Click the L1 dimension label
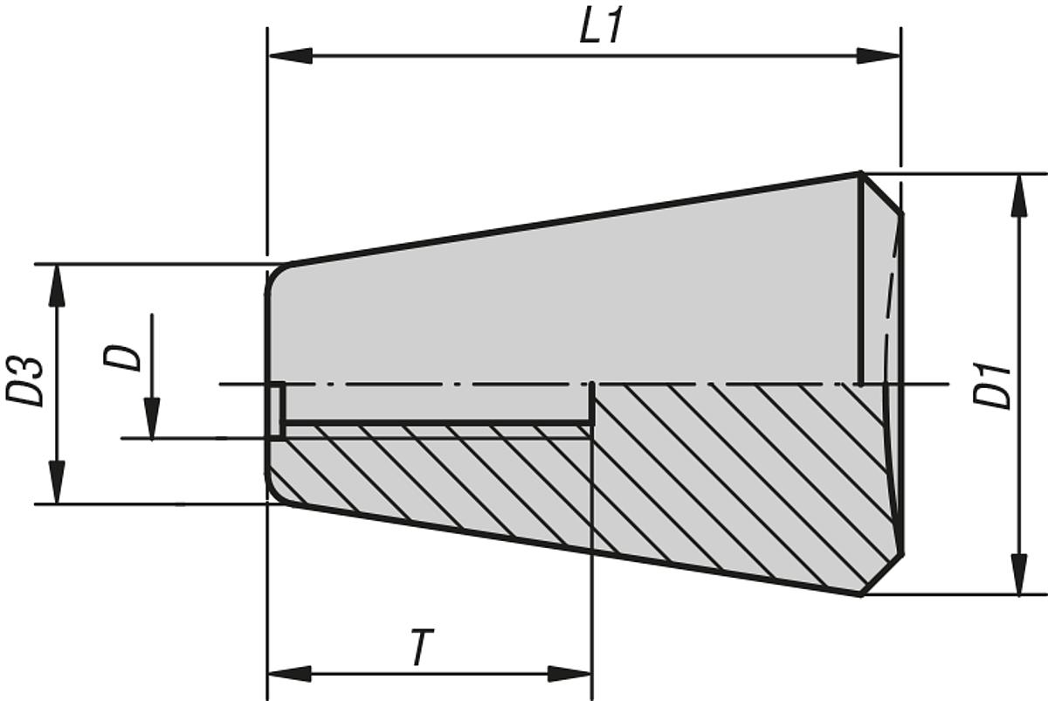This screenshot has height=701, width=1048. tap(603, 27)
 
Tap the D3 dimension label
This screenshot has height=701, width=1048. tap(26, 379)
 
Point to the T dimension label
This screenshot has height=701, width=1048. tap(421, 649)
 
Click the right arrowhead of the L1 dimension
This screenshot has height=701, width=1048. tap(878, 56)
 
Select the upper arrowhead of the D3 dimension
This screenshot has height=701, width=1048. tap(57, 285)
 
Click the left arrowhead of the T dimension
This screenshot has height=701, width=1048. tap(289, 673)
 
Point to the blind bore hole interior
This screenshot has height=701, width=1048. tap(437, 403)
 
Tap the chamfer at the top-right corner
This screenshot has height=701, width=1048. tap(882, 192)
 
